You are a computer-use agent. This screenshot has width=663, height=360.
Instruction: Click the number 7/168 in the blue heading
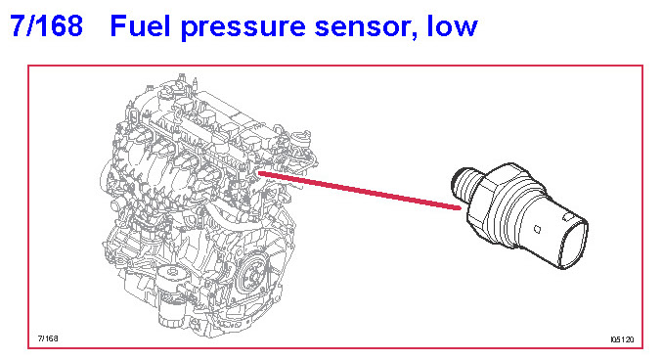coord(47,25)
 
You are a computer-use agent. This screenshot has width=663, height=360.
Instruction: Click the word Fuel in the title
coord(140,25)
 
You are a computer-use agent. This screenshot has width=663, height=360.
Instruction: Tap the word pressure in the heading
coord(243,28)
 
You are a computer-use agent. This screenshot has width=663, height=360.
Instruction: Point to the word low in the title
coord(453,25)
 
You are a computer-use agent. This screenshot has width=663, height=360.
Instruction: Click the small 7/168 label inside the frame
coord(48,338)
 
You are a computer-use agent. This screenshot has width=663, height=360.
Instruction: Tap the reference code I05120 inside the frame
coord(622,339)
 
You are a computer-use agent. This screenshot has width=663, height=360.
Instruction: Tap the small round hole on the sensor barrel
coord(537,229)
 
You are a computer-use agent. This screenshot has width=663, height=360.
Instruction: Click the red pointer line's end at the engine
coord(259,173)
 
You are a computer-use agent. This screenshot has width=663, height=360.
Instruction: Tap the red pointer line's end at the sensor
coord(460,207)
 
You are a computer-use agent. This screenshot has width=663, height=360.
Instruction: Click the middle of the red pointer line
coord(360,191)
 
